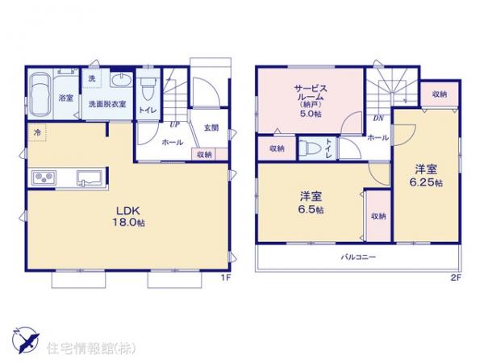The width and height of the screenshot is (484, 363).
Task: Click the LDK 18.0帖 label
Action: pos(129,217)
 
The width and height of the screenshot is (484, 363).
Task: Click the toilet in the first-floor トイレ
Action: pos(148,87)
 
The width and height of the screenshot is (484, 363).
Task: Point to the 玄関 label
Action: pos(211,128)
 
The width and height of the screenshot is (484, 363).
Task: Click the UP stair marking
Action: pos(174,123)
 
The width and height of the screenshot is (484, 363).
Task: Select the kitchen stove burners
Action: pos(43,177)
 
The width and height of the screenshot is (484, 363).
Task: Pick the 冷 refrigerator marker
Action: pos(37,131)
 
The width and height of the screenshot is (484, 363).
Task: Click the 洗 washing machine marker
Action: pos(91,78)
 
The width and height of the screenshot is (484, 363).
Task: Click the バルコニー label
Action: pos(357,257)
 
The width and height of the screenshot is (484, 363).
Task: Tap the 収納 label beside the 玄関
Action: pos(204,154)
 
